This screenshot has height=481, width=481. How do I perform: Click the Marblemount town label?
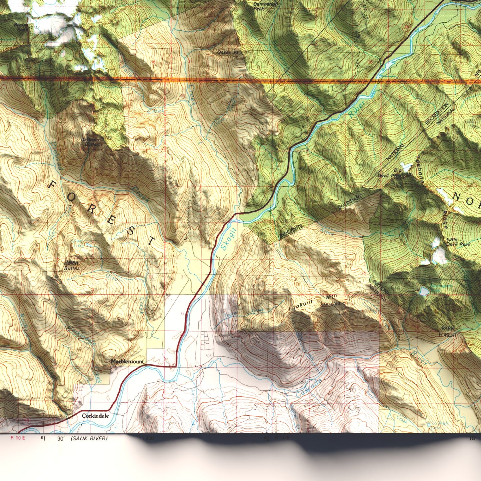[127, 361]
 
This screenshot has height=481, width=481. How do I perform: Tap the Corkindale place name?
[95, 416]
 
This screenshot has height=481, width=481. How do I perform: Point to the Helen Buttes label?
[72, 265]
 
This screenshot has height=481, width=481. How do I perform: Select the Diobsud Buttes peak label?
[90, 142]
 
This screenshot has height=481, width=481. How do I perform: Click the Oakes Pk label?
[228, 52]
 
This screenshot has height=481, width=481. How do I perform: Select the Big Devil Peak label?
[390, 173]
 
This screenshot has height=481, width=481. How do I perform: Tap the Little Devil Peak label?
[458, 242]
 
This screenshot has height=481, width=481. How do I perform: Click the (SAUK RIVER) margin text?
[89, 438]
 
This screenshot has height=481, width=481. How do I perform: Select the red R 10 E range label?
[18, 438]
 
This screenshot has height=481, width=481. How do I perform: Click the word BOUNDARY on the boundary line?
[350, 202]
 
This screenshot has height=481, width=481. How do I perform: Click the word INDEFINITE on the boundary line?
[291, 231]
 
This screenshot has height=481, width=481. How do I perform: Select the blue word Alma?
[327, 232]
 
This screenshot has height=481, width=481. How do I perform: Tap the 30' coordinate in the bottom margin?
[61, 438]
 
